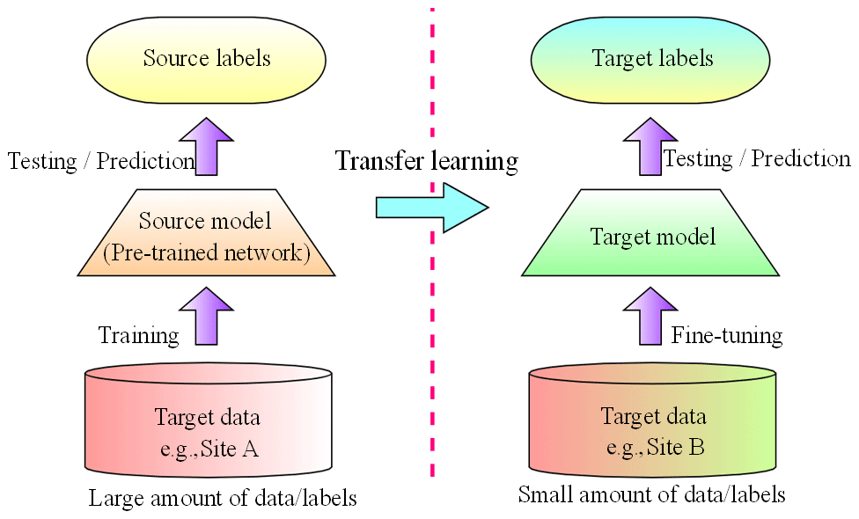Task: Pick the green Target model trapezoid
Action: coord(651,236)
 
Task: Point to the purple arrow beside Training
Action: coord(205,318)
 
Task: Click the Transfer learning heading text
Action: coord(427,162)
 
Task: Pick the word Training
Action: coord(138,335)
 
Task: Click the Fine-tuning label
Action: coord(727,335)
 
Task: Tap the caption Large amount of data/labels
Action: coord(223,499)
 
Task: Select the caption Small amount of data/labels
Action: coord(651,494)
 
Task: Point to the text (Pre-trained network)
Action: coord(206,254)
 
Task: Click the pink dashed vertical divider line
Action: coord(432,352)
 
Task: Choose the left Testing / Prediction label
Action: coord(100,161)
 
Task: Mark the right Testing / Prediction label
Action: coord(757,159)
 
